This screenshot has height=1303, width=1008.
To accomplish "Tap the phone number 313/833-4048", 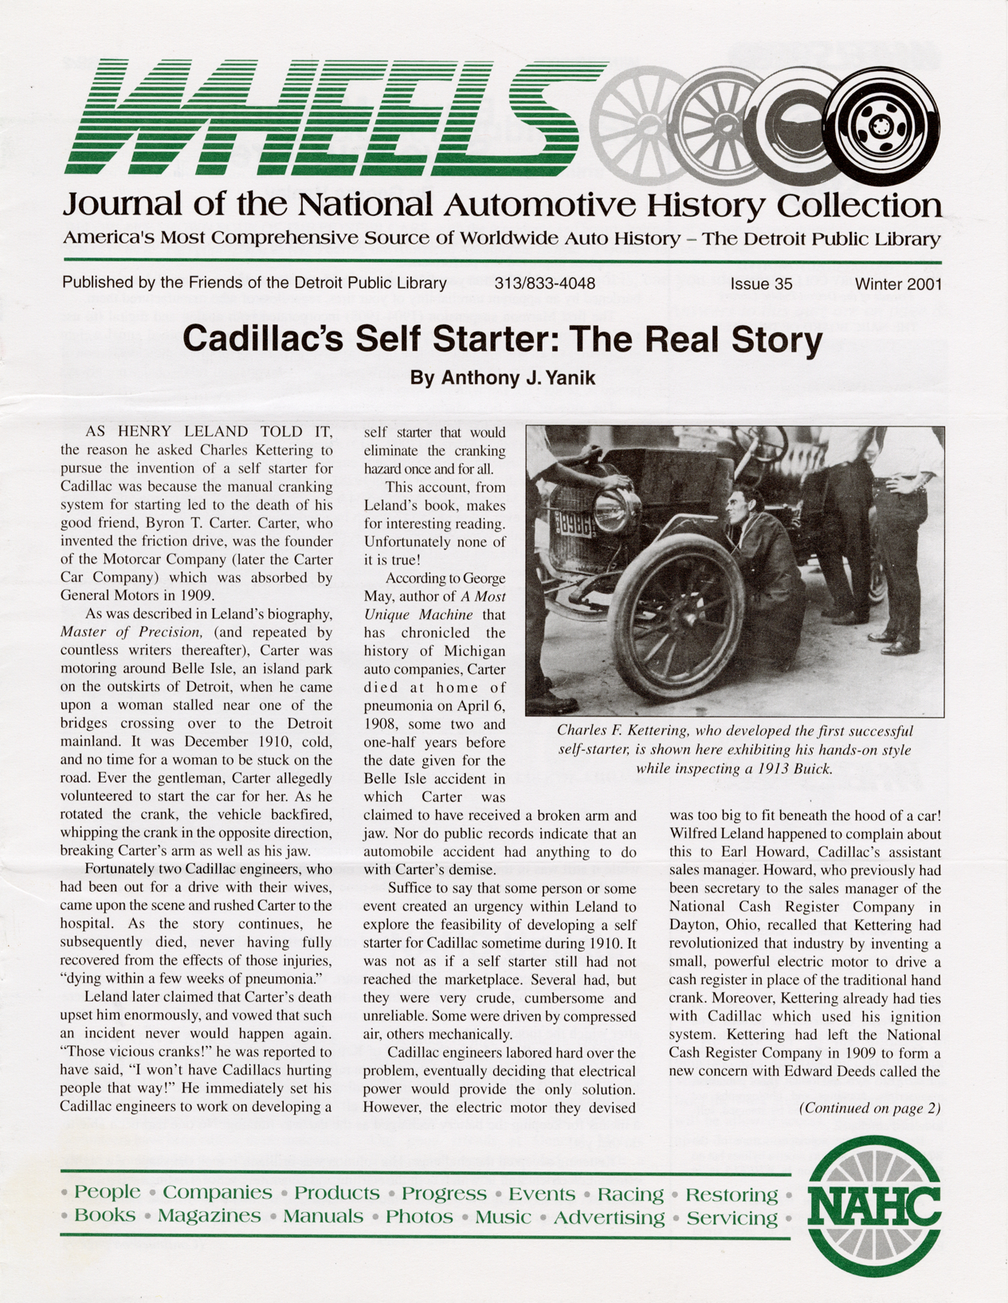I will tap(544, 284).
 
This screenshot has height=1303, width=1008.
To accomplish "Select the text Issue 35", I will tap(761, 284).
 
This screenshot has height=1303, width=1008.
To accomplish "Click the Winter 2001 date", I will tap(898, 284).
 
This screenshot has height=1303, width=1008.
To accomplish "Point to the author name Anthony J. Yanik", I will tap(503, 378).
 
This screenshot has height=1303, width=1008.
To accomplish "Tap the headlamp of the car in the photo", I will tap(615, 510).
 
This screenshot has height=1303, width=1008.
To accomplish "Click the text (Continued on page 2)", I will tap(869, 1108).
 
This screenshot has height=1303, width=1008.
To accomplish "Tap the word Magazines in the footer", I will tap(209, 1217).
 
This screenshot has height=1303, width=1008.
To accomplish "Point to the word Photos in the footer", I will tap(419, 1217).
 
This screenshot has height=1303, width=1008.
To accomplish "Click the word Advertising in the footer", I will tap(609, 1218).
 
